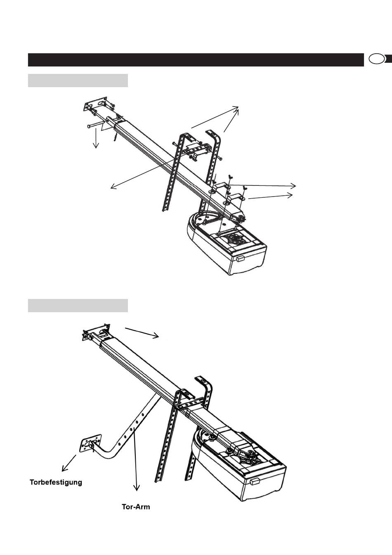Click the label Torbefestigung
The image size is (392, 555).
(56, 482)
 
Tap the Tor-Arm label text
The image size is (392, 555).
(136, 507)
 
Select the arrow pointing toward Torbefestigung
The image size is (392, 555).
(69, 462)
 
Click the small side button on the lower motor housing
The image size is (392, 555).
(255, 481)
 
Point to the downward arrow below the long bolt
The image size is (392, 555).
(96, 137)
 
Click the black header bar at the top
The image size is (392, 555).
(193, 59)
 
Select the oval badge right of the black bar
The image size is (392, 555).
(376, 59)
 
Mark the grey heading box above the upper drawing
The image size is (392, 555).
(78, 81)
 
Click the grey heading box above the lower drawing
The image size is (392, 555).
(78, 306)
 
